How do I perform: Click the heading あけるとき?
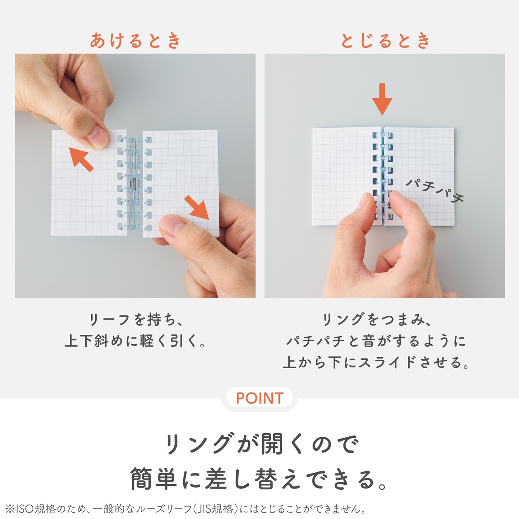[135, 41]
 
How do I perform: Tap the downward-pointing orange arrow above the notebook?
[382, 99]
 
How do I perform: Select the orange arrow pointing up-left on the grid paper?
[81, 159]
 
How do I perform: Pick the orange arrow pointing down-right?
[197, 208]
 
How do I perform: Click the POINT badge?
[259, 398]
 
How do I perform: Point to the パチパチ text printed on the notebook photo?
[435, 191]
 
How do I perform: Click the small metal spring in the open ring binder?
[135, 184]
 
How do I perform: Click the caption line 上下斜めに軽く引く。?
[135, 341]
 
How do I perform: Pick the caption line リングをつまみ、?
[377, 320]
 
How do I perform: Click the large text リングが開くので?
[261, 443]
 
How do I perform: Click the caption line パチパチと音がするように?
[376, 341]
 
